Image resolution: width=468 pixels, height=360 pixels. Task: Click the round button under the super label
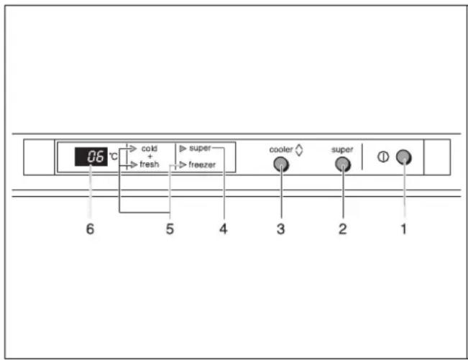pyautogui.click(x=343, y=165)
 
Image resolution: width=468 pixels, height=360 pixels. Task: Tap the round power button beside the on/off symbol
pyautogui.click(x=404, y=158)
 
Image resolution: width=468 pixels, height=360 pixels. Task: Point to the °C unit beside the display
pyautogui.click(x=113, y=156)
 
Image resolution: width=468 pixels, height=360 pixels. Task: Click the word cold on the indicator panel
pyautogui.click(x=149, y=148)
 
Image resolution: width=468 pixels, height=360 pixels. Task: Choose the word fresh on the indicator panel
pyautogui.click(x=150, y=165)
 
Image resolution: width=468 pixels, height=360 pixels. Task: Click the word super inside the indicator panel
pyautogui.click(x=199, y=148)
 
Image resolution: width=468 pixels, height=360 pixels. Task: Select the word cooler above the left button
pyautogui.click(x=280, y=149)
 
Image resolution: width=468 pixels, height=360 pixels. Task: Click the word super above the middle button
pyautogui.click(x=342, y=149)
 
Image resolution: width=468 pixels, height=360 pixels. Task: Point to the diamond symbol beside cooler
pyautogui.click(x=299, y=149)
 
